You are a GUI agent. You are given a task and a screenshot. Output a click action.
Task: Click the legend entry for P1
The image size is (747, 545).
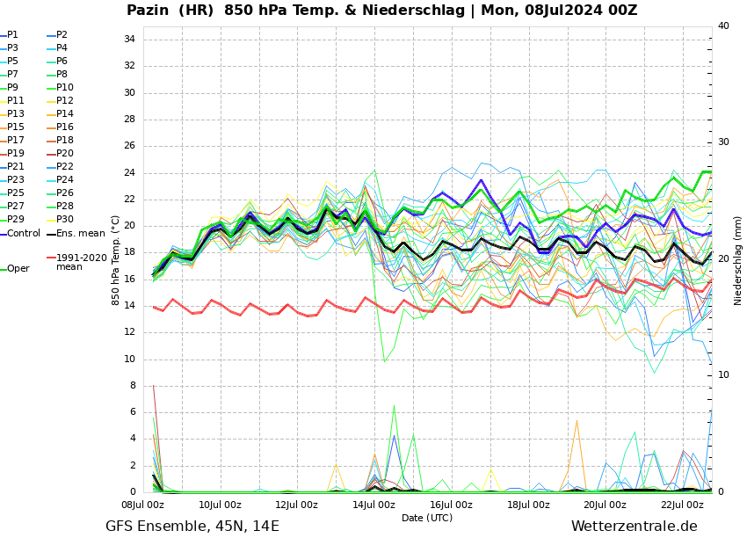12,35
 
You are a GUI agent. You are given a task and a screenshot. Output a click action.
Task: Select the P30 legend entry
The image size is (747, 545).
65,220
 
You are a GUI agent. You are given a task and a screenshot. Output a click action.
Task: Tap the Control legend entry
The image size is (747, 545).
24,234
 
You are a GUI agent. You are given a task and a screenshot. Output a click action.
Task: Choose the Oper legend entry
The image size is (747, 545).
18,269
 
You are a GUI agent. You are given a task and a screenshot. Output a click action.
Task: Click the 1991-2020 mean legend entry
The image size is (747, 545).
81,262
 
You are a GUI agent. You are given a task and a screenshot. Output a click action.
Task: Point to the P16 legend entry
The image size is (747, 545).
65,127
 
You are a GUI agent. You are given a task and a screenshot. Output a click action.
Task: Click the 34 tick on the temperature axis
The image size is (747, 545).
129,40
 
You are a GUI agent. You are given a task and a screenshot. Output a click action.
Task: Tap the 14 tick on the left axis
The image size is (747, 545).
129,306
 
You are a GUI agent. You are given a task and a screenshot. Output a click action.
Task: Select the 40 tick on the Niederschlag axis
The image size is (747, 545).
723,26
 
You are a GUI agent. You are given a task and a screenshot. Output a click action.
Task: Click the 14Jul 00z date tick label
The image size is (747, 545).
373,505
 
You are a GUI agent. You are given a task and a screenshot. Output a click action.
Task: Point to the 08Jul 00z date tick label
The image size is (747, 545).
142,505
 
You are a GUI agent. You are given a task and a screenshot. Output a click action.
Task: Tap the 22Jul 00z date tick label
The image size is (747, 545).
682,505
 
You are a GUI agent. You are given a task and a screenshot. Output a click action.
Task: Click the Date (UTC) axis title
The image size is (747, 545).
427,519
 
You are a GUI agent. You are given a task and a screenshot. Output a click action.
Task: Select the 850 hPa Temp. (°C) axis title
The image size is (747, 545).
116,260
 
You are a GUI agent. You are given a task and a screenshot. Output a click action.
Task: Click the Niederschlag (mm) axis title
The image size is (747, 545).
738,260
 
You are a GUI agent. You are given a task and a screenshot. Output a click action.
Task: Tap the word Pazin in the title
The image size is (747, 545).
151,11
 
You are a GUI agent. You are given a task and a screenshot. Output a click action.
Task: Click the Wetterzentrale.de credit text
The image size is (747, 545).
634,527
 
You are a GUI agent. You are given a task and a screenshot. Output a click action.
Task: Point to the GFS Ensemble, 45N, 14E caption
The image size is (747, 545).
192,527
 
